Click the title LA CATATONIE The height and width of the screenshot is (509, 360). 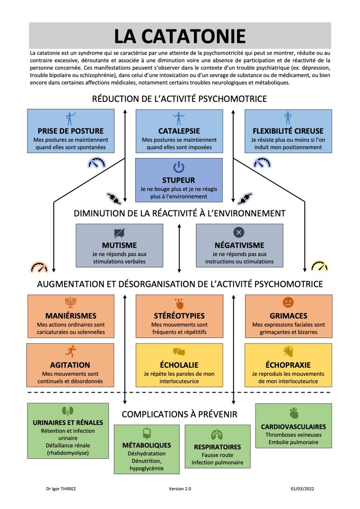click(x=180, y=36)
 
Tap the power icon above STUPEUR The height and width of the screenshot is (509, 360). click(x=179, y=168)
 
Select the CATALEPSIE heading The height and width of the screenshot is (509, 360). click(x=179, y=131)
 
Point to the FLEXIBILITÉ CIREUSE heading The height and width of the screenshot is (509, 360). click(x=287, y=131)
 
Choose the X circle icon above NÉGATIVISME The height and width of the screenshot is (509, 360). click(x=239, y=232)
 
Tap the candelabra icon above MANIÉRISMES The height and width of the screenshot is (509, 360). click(x=71, y=302)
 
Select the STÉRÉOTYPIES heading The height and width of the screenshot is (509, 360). click(x=179, y=316)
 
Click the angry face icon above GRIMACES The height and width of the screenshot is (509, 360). click(x=287, y=302)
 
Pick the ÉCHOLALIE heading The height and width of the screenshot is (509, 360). click(x=179, y=364)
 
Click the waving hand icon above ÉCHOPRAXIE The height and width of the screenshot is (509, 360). click(x=287, y=351)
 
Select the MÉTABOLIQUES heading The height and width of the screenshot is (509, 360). click(x=146, y=445)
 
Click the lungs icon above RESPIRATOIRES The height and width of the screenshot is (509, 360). click(x=217, y=433)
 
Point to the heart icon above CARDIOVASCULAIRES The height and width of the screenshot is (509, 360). click(x=293, y=413)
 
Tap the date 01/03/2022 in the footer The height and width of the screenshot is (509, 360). click(x=303, y=489)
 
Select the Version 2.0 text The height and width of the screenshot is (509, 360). click(x=180, y=489)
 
